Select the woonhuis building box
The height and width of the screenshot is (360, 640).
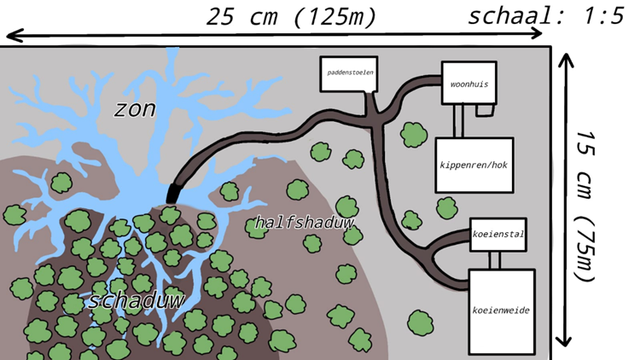(468, 83)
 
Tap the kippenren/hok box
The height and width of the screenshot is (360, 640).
(474, 165)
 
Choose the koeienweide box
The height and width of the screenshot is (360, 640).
(501, 311)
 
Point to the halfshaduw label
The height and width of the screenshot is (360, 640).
(304, 223)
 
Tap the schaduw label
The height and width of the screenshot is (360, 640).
(136, 300)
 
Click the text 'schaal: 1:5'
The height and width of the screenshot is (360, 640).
(547, 16)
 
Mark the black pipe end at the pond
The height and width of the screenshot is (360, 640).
(173, 193)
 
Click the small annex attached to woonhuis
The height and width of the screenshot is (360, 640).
(484, 110)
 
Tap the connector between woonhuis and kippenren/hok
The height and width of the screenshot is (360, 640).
(458, 120)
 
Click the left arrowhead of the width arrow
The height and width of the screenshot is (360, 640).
(12, 35)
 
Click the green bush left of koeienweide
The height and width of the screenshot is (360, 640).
(419, 322)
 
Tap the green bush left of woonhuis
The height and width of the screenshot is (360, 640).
(413, 133)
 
